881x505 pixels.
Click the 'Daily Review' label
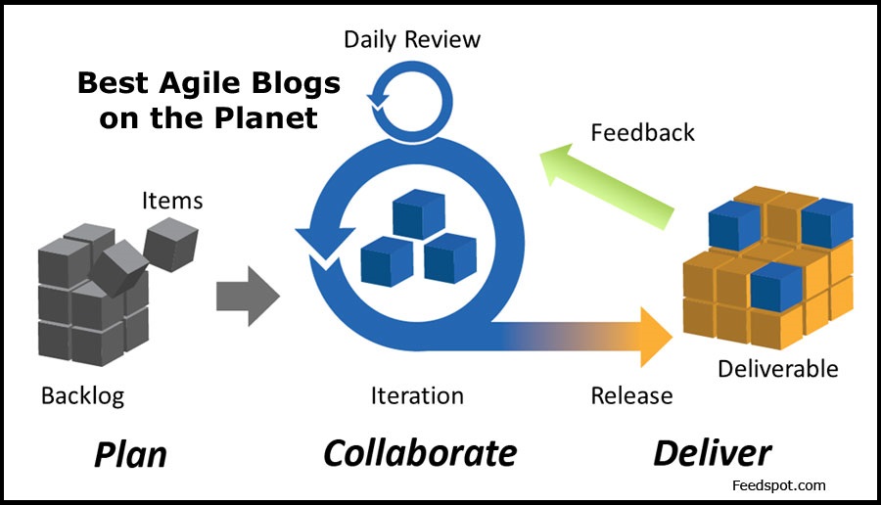click(x=412, y=40)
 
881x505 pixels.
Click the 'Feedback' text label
click(x=643, y=131)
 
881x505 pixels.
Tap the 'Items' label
click(x=172, y=201)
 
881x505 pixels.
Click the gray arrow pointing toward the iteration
click(x=246, y=295)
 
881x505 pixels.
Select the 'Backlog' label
click(x=82, y=395)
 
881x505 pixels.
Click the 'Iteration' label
click(x=417, y=395)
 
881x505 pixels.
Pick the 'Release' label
click(x=631, y=395)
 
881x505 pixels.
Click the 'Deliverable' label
click(x=777, y=369)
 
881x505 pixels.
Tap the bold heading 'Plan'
click(x=130, y=454)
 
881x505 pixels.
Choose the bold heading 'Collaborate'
click(x=420, y=453)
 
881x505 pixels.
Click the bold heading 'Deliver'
click(x=712, y=453)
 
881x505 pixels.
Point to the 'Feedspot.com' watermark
click(x=779, y=484)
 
